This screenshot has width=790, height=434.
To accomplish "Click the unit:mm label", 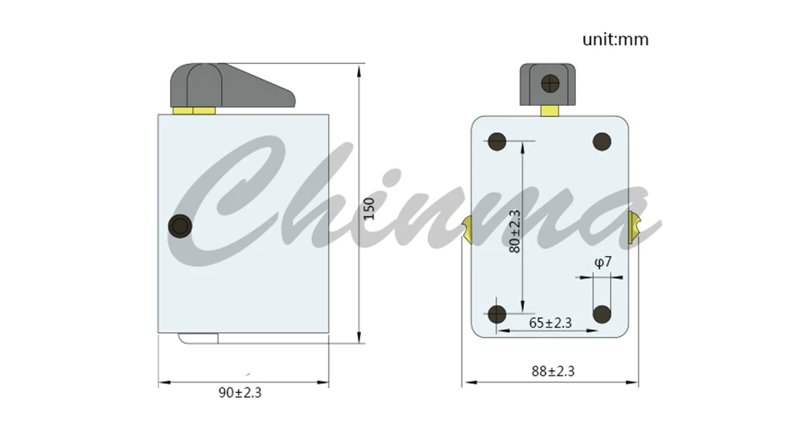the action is (615, 39).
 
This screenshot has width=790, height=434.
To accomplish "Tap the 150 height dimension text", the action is (369, 209).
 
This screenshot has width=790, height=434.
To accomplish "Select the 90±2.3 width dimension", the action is (240, 393).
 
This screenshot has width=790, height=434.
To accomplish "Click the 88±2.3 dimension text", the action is (553, 372).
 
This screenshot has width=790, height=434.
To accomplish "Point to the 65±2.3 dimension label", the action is (550, 323).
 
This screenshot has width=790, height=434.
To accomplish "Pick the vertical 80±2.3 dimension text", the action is (514, 231).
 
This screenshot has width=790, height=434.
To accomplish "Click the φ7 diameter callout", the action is (603, 262).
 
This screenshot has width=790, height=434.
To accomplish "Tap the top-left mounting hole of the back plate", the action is (497, 141).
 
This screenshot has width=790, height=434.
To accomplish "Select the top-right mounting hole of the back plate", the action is (602, 141).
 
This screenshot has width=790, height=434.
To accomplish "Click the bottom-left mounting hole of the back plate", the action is (497, 314).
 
